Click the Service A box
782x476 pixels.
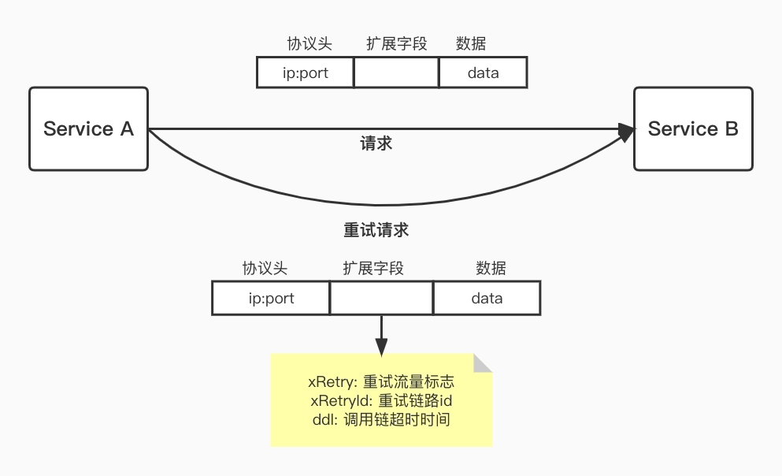point(88,128)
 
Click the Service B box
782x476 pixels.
point(693,128)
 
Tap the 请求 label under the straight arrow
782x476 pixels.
point(376,144)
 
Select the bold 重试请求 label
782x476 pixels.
point(376,231)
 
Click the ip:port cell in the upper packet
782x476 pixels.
point(305,73)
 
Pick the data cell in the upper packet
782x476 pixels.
point(483,73)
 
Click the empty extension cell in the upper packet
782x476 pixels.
point(396,73)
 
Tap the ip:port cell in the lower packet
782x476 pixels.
point(270,299)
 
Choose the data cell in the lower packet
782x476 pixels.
point(487,299)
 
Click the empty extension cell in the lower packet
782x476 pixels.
point(381,299)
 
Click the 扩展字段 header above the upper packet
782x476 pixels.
point(396,44)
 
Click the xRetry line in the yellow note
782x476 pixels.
point(381,382)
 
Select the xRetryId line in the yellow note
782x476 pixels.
point(381,401)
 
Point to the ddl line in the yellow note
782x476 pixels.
point(381,419)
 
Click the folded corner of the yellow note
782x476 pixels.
point(481,363)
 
